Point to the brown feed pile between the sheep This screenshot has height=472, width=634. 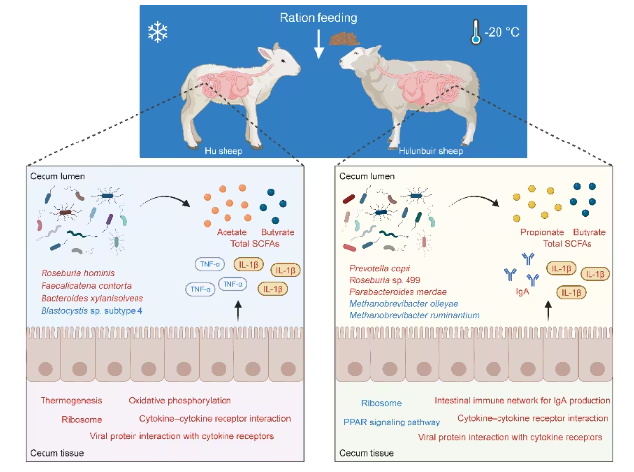pos(345,40)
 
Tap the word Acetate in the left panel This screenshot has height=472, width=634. pos(231,231)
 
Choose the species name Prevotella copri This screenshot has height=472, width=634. pos(384,269)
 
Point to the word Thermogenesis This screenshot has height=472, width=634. pos(72,401)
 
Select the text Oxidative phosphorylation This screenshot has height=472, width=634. pos(180,401)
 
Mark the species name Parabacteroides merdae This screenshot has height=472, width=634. pos(397,291)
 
